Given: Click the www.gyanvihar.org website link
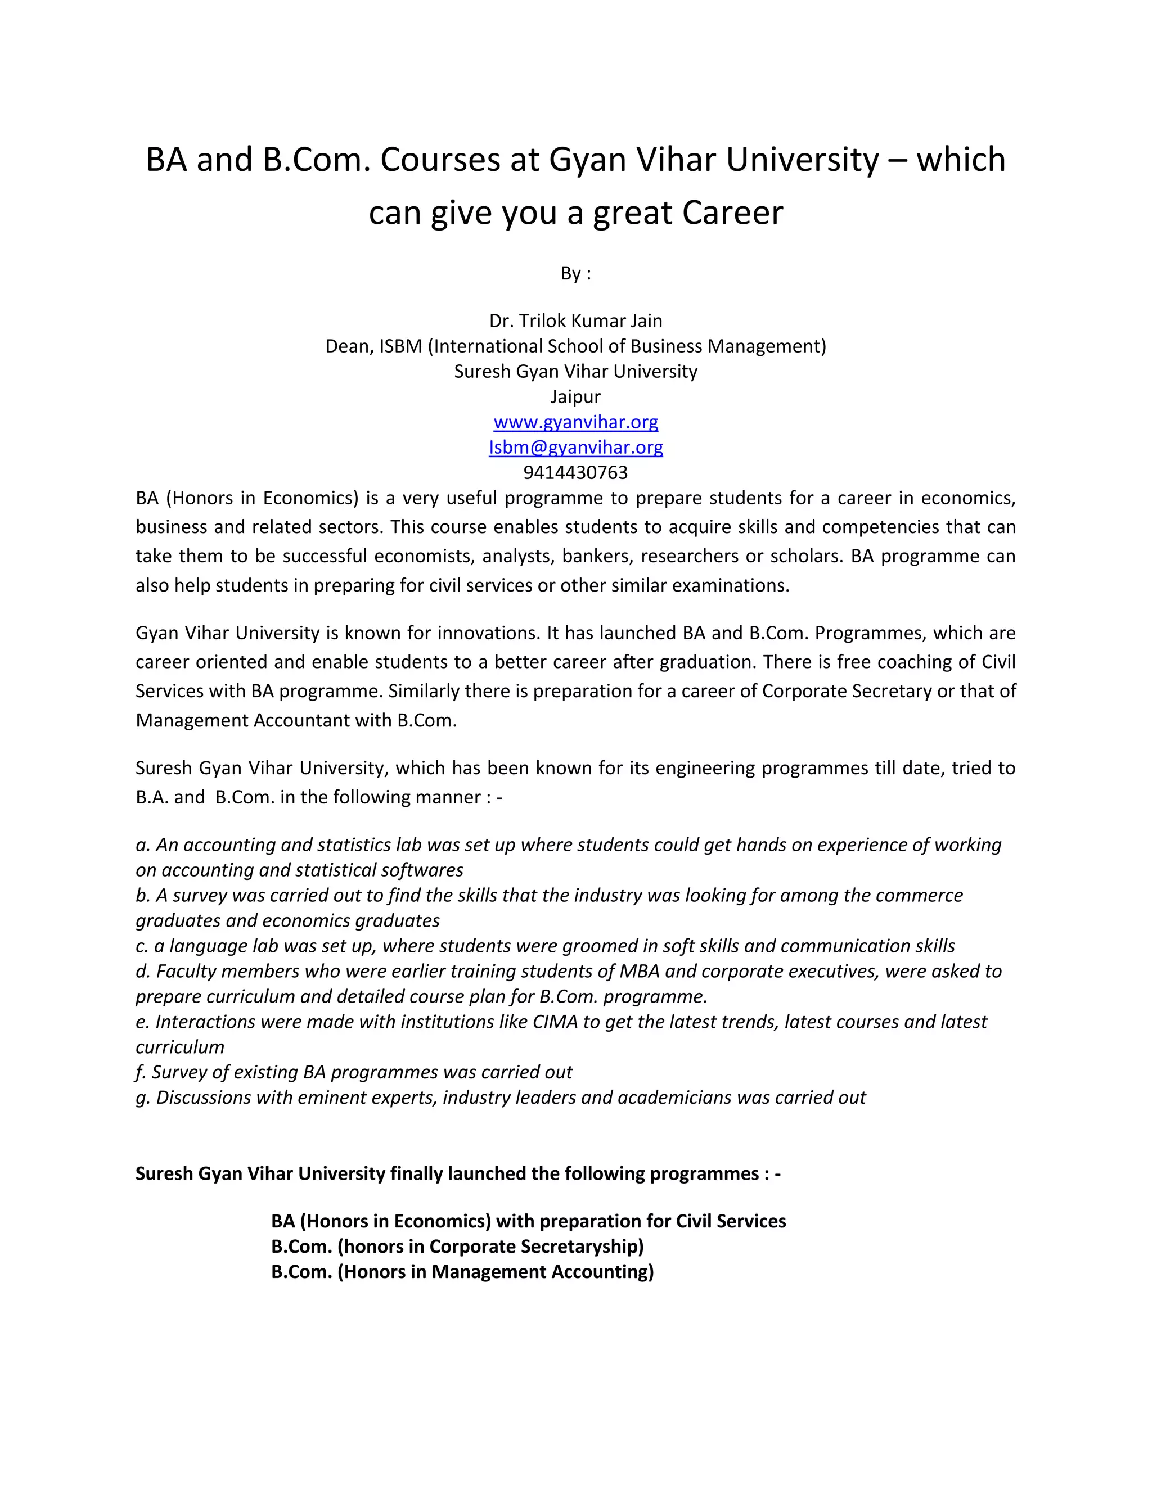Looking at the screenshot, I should click(x=575, y=422).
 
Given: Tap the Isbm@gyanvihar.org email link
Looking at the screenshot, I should click(x=575, y=448).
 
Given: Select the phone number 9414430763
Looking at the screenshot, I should click(x=575, y=472).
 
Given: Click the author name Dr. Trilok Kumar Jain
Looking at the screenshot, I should click(x=575, y=320).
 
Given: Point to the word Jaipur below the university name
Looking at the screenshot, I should click(x=575, y=396).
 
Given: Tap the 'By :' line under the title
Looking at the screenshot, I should click(x=575, y=274).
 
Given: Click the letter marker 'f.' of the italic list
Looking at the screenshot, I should click(x=141, y=1072).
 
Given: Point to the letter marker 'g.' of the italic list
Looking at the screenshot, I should click(x=142, y=1097).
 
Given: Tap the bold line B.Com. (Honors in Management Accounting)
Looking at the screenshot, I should click(x=462, y=1272).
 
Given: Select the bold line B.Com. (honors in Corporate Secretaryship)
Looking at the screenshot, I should click(x=457, y=1247).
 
